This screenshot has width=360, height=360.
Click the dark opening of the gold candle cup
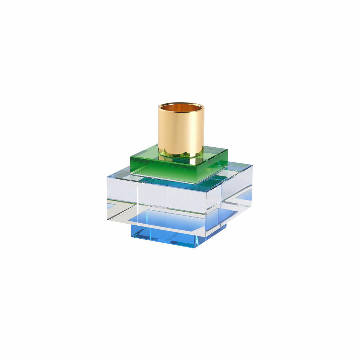click(x=181, y=108)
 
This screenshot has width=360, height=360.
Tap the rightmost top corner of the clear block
click(x=252, y=166)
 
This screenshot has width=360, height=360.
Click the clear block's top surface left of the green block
click(x=119, y=176)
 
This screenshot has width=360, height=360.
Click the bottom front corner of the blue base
click(x=196, y=248)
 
